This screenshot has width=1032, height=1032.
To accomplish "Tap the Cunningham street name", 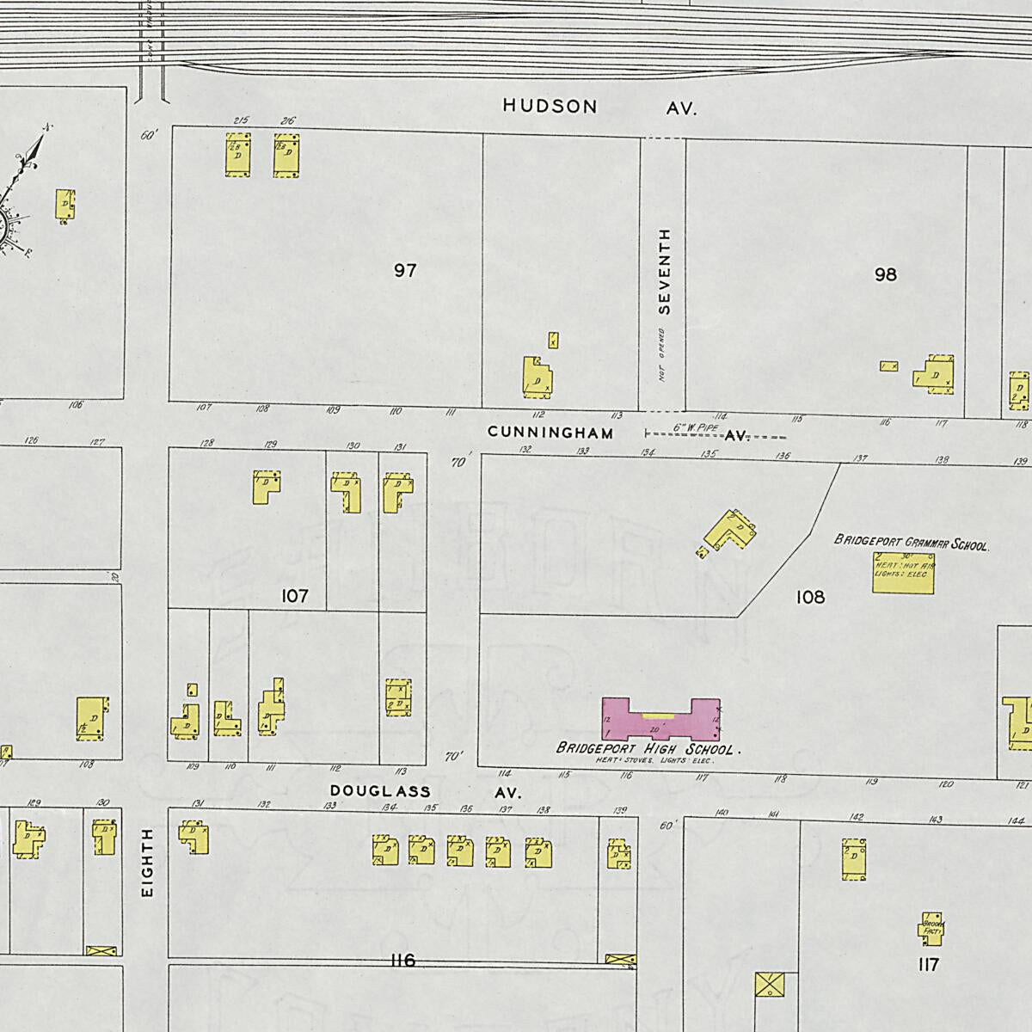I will [x=550, y=433].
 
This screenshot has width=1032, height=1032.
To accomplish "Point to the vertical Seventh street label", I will [x=663, y=271].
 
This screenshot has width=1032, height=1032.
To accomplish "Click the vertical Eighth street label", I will [x=147, y=863].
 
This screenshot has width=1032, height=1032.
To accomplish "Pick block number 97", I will [x=405, y=271].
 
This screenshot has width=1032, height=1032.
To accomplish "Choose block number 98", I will [x=885, y=274].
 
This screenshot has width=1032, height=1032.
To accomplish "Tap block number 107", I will [x=294, y=595].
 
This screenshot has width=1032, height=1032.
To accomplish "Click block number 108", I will [x=810, y=597].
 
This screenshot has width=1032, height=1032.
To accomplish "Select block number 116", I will [x=402, y=961].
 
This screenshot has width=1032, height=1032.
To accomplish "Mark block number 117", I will [x=928, y=965].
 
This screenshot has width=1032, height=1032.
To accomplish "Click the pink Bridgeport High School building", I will [x=660, y=719].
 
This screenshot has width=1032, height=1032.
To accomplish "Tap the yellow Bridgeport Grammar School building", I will [x=903, y=572].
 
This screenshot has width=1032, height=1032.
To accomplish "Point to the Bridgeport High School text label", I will [x=648, y=748].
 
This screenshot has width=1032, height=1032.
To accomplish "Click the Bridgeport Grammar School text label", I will [x=912, y=543].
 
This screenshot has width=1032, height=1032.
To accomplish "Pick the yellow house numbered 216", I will [x=287, y=155].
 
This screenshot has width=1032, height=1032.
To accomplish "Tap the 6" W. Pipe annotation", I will [x=690, y=426].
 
